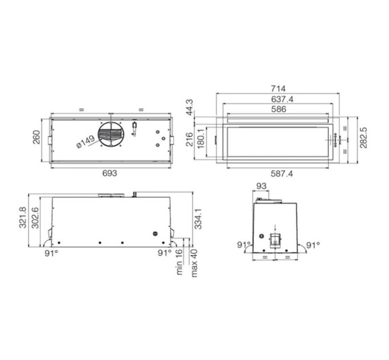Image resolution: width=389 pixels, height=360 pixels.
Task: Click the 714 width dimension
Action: (278, 89)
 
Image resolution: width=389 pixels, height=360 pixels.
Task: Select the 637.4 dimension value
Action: (282, 99)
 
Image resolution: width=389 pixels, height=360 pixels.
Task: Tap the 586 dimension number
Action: (279, 109)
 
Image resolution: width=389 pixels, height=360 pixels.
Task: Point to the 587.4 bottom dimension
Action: (281, 174)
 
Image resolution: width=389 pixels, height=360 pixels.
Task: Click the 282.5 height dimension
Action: (363, 138)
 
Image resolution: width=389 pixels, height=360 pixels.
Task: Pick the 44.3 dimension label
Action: (190, 107)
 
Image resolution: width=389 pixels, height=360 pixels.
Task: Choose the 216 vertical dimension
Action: (189, 139)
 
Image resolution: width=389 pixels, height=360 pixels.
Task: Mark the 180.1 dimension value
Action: (200, 139)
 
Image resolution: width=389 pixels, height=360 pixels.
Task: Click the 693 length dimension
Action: (109, 173)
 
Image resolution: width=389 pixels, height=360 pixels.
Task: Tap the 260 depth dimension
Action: (37, 137)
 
